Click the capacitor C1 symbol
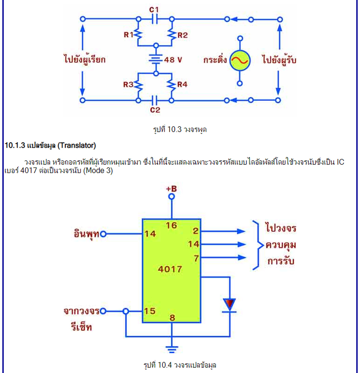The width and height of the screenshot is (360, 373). point(154,19)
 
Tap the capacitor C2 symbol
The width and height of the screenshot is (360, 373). point(154,101)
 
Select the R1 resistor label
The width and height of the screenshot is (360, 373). point(129,35)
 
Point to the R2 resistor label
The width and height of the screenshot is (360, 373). point(182,35)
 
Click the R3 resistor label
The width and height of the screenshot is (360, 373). point(128,84)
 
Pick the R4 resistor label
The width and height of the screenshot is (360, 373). point(182,84)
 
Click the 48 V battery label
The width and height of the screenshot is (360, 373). point(173,60)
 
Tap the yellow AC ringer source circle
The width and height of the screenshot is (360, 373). point(240,60)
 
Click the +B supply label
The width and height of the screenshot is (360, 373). point(171,189)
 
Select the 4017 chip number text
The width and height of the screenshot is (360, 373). point(170,269)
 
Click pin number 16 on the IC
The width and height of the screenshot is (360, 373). point(171,225)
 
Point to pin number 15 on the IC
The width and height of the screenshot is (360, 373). point(150,311)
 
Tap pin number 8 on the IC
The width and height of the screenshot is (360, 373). point(172,317)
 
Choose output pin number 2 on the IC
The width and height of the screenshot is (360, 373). point(195,231)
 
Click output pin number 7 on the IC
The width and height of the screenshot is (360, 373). point(196,258)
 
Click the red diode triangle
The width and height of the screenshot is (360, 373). point(229,304)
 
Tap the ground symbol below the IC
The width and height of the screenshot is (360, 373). point(172,349)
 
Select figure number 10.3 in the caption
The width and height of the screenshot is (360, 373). point(174,129)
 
